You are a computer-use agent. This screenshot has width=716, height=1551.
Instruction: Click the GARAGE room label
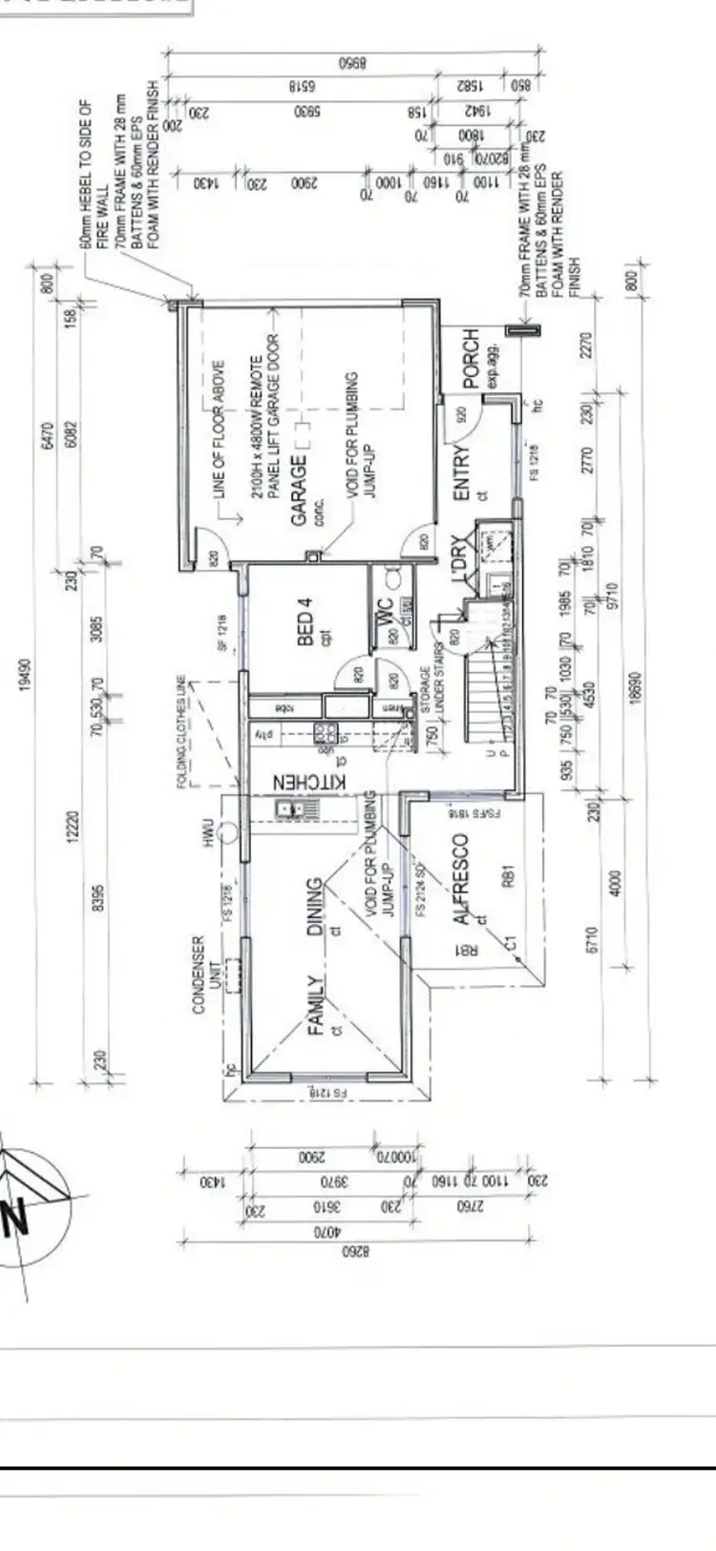[x=299, y=490]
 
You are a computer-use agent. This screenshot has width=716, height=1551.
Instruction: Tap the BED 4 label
[x=305, y=622]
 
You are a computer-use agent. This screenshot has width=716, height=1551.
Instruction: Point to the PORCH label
[x=471, y=359]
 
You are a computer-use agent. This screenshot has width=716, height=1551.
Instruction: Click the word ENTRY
[x=462, y=473]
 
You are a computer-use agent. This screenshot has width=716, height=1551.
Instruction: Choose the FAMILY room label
[x=315, y=1005]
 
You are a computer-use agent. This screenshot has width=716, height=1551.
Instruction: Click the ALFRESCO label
[x=460, y=879]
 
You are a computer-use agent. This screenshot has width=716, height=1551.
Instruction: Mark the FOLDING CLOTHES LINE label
[x=180, y=733]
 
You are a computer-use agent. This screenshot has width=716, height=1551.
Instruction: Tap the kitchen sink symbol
[x=288, y=809]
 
